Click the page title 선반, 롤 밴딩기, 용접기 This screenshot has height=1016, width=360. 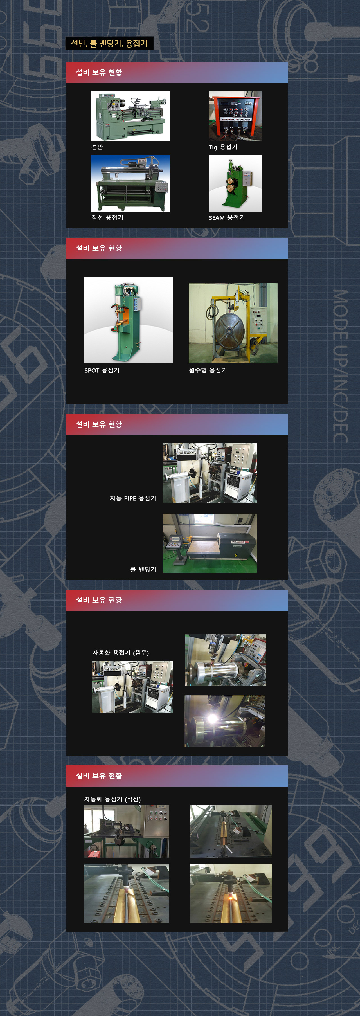tap(109, 43)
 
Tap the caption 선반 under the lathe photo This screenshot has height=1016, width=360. tap(97, 147)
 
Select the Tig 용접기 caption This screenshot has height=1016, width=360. tap(223, 147)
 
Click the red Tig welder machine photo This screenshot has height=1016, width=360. tap(235, 116)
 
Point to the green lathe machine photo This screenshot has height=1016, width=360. tap(131, 116)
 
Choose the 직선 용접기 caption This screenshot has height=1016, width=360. tap(107, 217)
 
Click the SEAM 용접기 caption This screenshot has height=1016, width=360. tap(227, 218)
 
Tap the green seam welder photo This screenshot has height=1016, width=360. tap(235, 183)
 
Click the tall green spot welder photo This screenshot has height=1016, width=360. tap(129, 320)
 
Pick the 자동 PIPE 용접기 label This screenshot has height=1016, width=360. tap(133, 498)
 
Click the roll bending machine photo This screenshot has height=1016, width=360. tap(210, 543)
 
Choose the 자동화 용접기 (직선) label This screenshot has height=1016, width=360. tap(112, 799)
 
